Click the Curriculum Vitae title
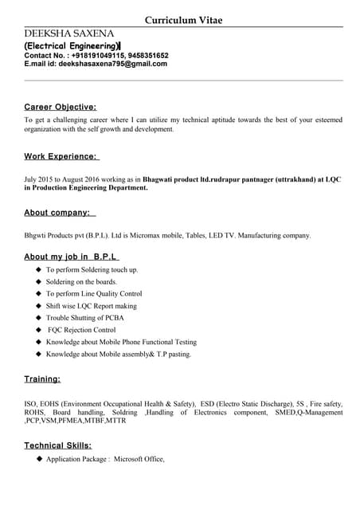183,20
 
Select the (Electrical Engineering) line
72,47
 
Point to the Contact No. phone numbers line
96,56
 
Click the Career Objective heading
61,107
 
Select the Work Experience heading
61,157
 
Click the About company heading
60,213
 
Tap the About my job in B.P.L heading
72,257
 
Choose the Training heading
42,379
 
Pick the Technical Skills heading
57,445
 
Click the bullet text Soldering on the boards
81,282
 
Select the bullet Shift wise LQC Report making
91,306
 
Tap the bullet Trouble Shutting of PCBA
85,318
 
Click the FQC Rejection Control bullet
82,330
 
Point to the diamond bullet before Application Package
38,459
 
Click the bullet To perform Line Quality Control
94,294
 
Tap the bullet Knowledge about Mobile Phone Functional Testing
121,342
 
